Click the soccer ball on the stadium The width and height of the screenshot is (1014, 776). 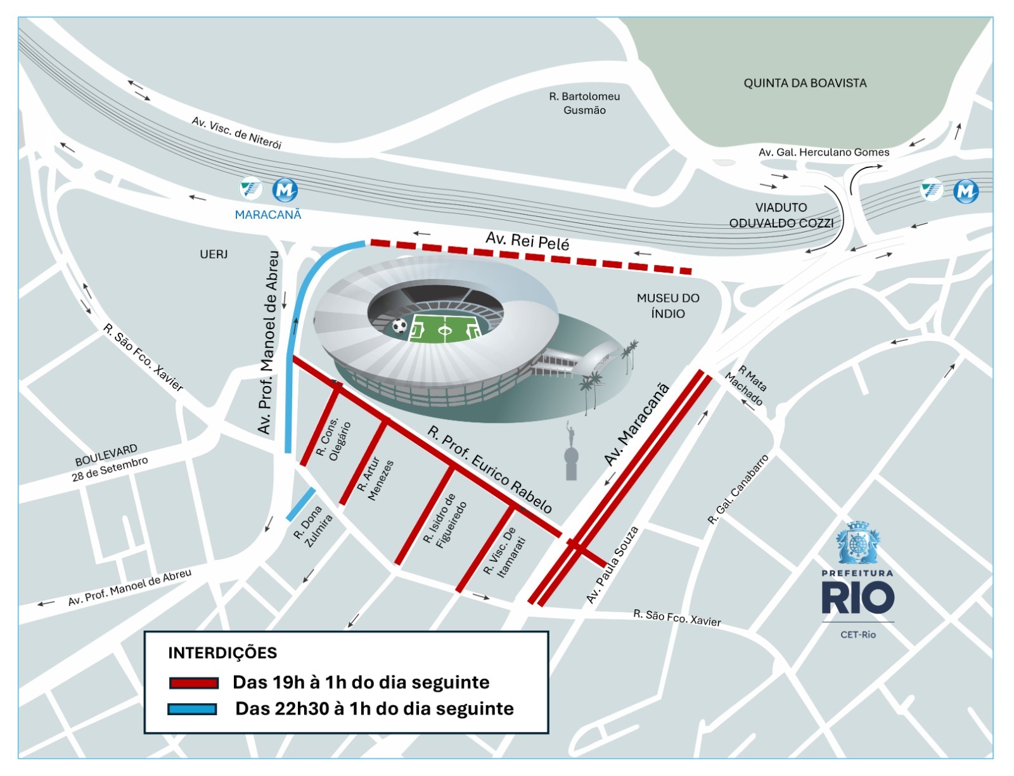click(399, 326)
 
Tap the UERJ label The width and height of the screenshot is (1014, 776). click(214, 254)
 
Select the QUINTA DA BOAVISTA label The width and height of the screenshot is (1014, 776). click(805, 83)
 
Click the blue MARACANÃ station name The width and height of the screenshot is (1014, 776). click(268, 215)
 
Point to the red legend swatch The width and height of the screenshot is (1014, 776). click(193, 683)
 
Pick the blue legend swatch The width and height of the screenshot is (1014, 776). click(192, 709)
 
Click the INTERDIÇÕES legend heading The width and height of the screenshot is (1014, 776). click(222, 653)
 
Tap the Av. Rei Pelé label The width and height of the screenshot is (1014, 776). click(527, 241)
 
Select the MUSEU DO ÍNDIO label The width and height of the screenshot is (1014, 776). click(668, 306)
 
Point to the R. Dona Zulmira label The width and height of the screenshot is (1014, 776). click(314, 526)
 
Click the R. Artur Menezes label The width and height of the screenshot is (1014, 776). click(375, 479)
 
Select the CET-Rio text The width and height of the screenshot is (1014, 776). click(857, 635)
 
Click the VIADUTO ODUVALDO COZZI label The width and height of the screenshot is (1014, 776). click(781, 216)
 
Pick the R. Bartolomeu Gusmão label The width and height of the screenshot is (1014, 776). click(584, 103)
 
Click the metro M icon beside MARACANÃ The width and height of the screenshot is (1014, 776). click(285, 190)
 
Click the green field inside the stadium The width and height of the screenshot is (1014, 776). click(445, 328)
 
